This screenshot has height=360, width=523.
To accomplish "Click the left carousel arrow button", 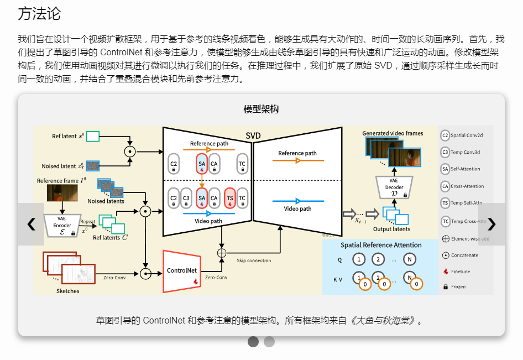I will pyautogui.click(x=31, y=224).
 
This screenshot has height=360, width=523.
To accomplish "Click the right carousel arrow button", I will pyautogui.click(x=491, y=224).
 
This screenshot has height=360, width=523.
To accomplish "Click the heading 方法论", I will pyautogui.click(x=39, y=14).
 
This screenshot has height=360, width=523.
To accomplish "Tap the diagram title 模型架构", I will pyautogui.click(x=261, y=109).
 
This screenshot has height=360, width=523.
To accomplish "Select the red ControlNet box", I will pyautogui.click(x=182, y=271).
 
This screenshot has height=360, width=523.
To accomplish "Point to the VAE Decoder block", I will pyautogui.click(x=394, y=187).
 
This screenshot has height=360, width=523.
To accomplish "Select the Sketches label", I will pyautogui.click(x=67, y=291).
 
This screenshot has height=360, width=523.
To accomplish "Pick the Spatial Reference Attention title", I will pyautogui.click(x=381, y=245).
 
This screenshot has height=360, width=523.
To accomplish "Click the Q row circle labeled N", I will pyautogui.click(x=409, y=259).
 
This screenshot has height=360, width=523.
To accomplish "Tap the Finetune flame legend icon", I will pyautogui.click(x=446, y=271).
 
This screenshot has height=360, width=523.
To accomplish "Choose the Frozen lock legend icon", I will pyautogui.click(x=446, y=286).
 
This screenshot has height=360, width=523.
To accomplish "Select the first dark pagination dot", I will pyautogui.click(x=253, y=342).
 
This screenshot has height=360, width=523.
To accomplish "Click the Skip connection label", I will pyautogui.click(x=254, y=260).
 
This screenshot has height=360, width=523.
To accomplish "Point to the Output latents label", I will pyautogui.click(x=391, y=229).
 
